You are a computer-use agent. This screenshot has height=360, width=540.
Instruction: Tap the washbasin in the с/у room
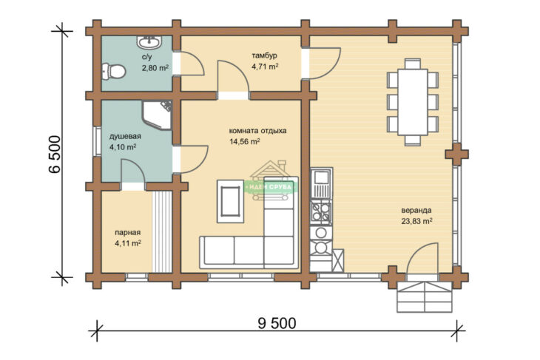click(149, 42)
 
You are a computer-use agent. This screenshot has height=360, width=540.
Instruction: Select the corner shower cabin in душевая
click(157, 115)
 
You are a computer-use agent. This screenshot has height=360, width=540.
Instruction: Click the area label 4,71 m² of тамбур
click(265, 67)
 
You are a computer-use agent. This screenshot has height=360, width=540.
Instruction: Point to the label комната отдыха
click(257, 131)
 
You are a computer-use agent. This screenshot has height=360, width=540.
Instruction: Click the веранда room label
click(416, 210)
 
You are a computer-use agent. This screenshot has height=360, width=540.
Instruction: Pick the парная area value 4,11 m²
click(128, 243)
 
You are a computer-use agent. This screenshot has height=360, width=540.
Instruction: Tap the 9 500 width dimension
click(277, 323)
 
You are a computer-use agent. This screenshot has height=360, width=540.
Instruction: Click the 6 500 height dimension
click(55, 154)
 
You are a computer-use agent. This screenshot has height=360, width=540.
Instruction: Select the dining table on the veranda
click(413, 102)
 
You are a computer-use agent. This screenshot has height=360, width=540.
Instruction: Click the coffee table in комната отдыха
click(230, 201)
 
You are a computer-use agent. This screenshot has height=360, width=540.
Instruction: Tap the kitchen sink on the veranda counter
click(321, 183)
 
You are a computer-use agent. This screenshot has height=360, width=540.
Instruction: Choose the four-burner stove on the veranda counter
click(321, 211)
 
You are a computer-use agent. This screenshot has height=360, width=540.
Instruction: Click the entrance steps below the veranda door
click(425, 297)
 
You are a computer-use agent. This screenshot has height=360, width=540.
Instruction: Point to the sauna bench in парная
click(162, 232)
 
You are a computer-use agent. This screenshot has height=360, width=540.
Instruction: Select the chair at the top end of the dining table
click(413, 64)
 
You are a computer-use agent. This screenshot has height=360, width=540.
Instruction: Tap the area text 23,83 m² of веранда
click(416, 221)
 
